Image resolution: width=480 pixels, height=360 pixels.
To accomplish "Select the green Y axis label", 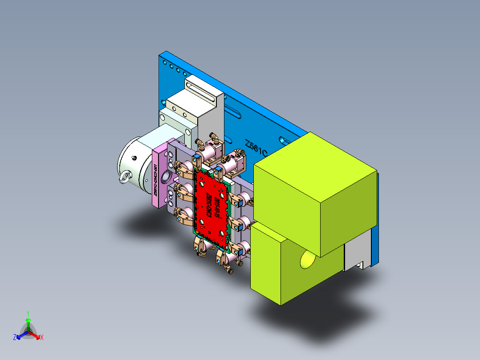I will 28,313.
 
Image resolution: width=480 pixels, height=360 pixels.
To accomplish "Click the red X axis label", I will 42,338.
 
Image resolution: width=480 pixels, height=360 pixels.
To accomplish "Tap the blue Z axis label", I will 15,338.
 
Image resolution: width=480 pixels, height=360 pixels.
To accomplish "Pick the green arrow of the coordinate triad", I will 28,323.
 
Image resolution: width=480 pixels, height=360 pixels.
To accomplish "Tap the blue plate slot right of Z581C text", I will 285,140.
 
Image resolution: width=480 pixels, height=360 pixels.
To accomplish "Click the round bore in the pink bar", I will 165,178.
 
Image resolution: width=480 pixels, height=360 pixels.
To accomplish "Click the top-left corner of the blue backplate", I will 161,55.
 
